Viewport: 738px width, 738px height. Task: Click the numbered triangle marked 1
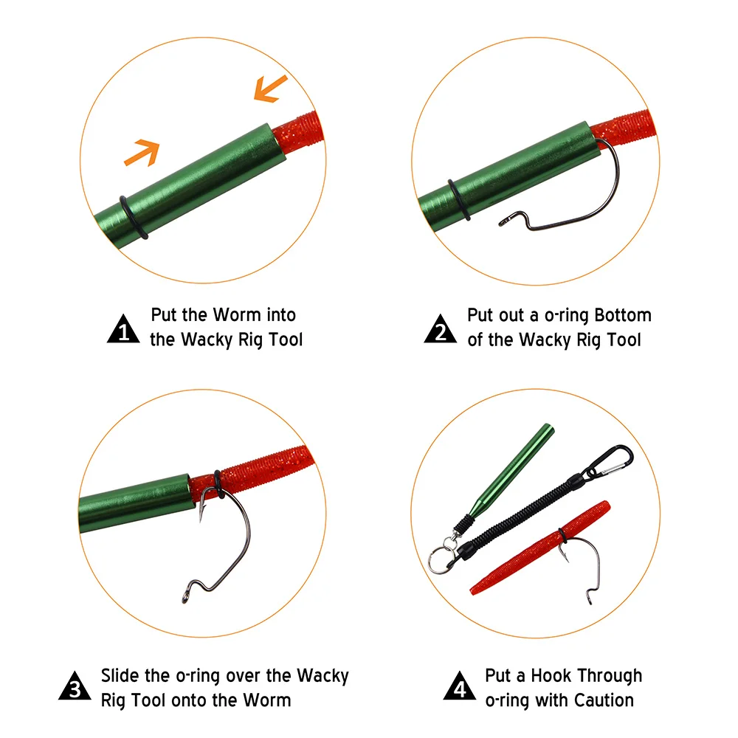pyautogui.click(x=123, y=329)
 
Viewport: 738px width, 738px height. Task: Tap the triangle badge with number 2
pyautogui.click(x=440, y=329)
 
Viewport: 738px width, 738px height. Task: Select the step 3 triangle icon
pyautogui.click(x=75, y=686)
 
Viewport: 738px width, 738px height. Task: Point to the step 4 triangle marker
pyautogui.click(x=459, y=686)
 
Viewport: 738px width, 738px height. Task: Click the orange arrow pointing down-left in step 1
pyautogui.click(x=270, y=89)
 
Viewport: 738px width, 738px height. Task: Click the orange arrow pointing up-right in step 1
pyautogui.click(x=142, y=153)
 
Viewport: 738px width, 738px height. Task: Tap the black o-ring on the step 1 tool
pyautogui.click(x=134, y=218)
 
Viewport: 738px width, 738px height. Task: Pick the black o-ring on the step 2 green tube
pyautogui.click(x=459, y=200)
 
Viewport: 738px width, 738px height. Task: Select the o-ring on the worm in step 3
pyautogui.click(x=218, y=484)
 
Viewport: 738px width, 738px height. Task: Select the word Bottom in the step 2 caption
pyautogui.click(x=623, y=315)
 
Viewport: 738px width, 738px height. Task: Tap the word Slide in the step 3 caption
pyautogui.click(x=120, y=675)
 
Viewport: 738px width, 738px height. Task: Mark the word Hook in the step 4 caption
pyautogui.click(x=551, y=675)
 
